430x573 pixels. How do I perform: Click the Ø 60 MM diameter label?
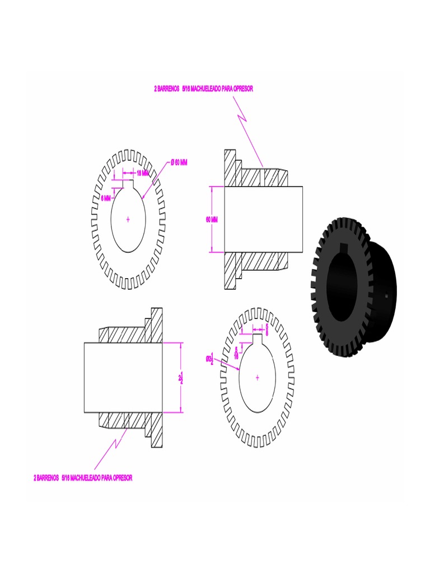point(179,162)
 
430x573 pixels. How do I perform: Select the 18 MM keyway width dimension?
point(143,173)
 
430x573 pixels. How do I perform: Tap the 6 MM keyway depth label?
point(106,198)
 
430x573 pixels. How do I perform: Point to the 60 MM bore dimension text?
point(212,219)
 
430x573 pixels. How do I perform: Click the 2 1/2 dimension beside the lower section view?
point(180,379)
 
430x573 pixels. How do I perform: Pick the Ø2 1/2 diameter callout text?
point(210,359)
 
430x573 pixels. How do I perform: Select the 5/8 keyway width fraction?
point(267,329)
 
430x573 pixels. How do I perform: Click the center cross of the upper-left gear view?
point(128,219)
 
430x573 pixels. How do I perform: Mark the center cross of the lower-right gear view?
point(257,378)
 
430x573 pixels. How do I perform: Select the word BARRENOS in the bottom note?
point(48,478)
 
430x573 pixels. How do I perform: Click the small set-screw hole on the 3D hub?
point(386,293)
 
